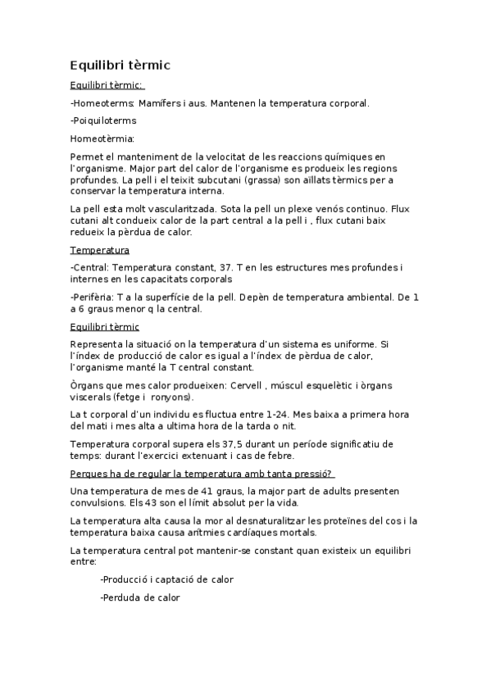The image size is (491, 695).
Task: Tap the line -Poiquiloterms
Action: pos(103,120)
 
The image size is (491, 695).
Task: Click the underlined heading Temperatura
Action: pos(100,249)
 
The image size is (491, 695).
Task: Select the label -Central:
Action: pos(90,267)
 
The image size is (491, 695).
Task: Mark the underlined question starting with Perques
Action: pos(202,473)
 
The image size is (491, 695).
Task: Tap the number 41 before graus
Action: pos(207,490)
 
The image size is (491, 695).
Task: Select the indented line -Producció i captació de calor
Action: pos(166,579)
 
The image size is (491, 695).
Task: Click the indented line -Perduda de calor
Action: pos(139,597)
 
